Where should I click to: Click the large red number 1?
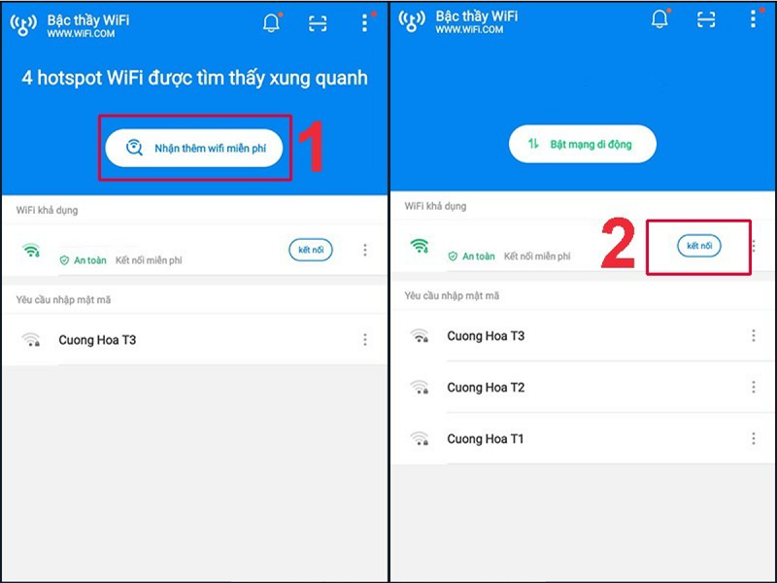pyautogui.click(x=310, y=148)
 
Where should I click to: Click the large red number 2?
pyautogui.click(x=618, y=247)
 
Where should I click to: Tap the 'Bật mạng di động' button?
pyautogui.click(x=583, y=144)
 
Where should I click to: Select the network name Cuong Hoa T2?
pyautogui.click(x=486, y=388)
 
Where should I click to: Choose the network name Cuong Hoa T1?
pyautogui.click(x=486, y=439)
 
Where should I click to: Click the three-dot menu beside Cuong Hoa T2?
pyautogui.click(x=753, y=388)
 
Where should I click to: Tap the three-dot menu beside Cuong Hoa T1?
pyautogui.click(x=753, y=439)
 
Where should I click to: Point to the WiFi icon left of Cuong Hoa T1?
pyautogui.click(x=419, y=439)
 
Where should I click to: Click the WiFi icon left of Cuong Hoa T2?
pyautogui.click(x=419, y=388)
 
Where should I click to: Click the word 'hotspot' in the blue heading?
pyautogui.click(x=71, y=78)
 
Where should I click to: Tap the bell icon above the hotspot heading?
pyautogui.click(x=271, y=24)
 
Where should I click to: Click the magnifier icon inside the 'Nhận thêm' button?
pyautogui.click(x=135, y=148)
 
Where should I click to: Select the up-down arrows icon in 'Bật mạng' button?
pyautogui.click(x=533, y=144)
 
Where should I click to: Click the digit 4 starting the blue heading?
pyautogui.click(x=27, y=78)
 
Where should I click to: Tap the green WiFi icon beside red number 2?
pyautogui.click(x=419, y=247)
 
